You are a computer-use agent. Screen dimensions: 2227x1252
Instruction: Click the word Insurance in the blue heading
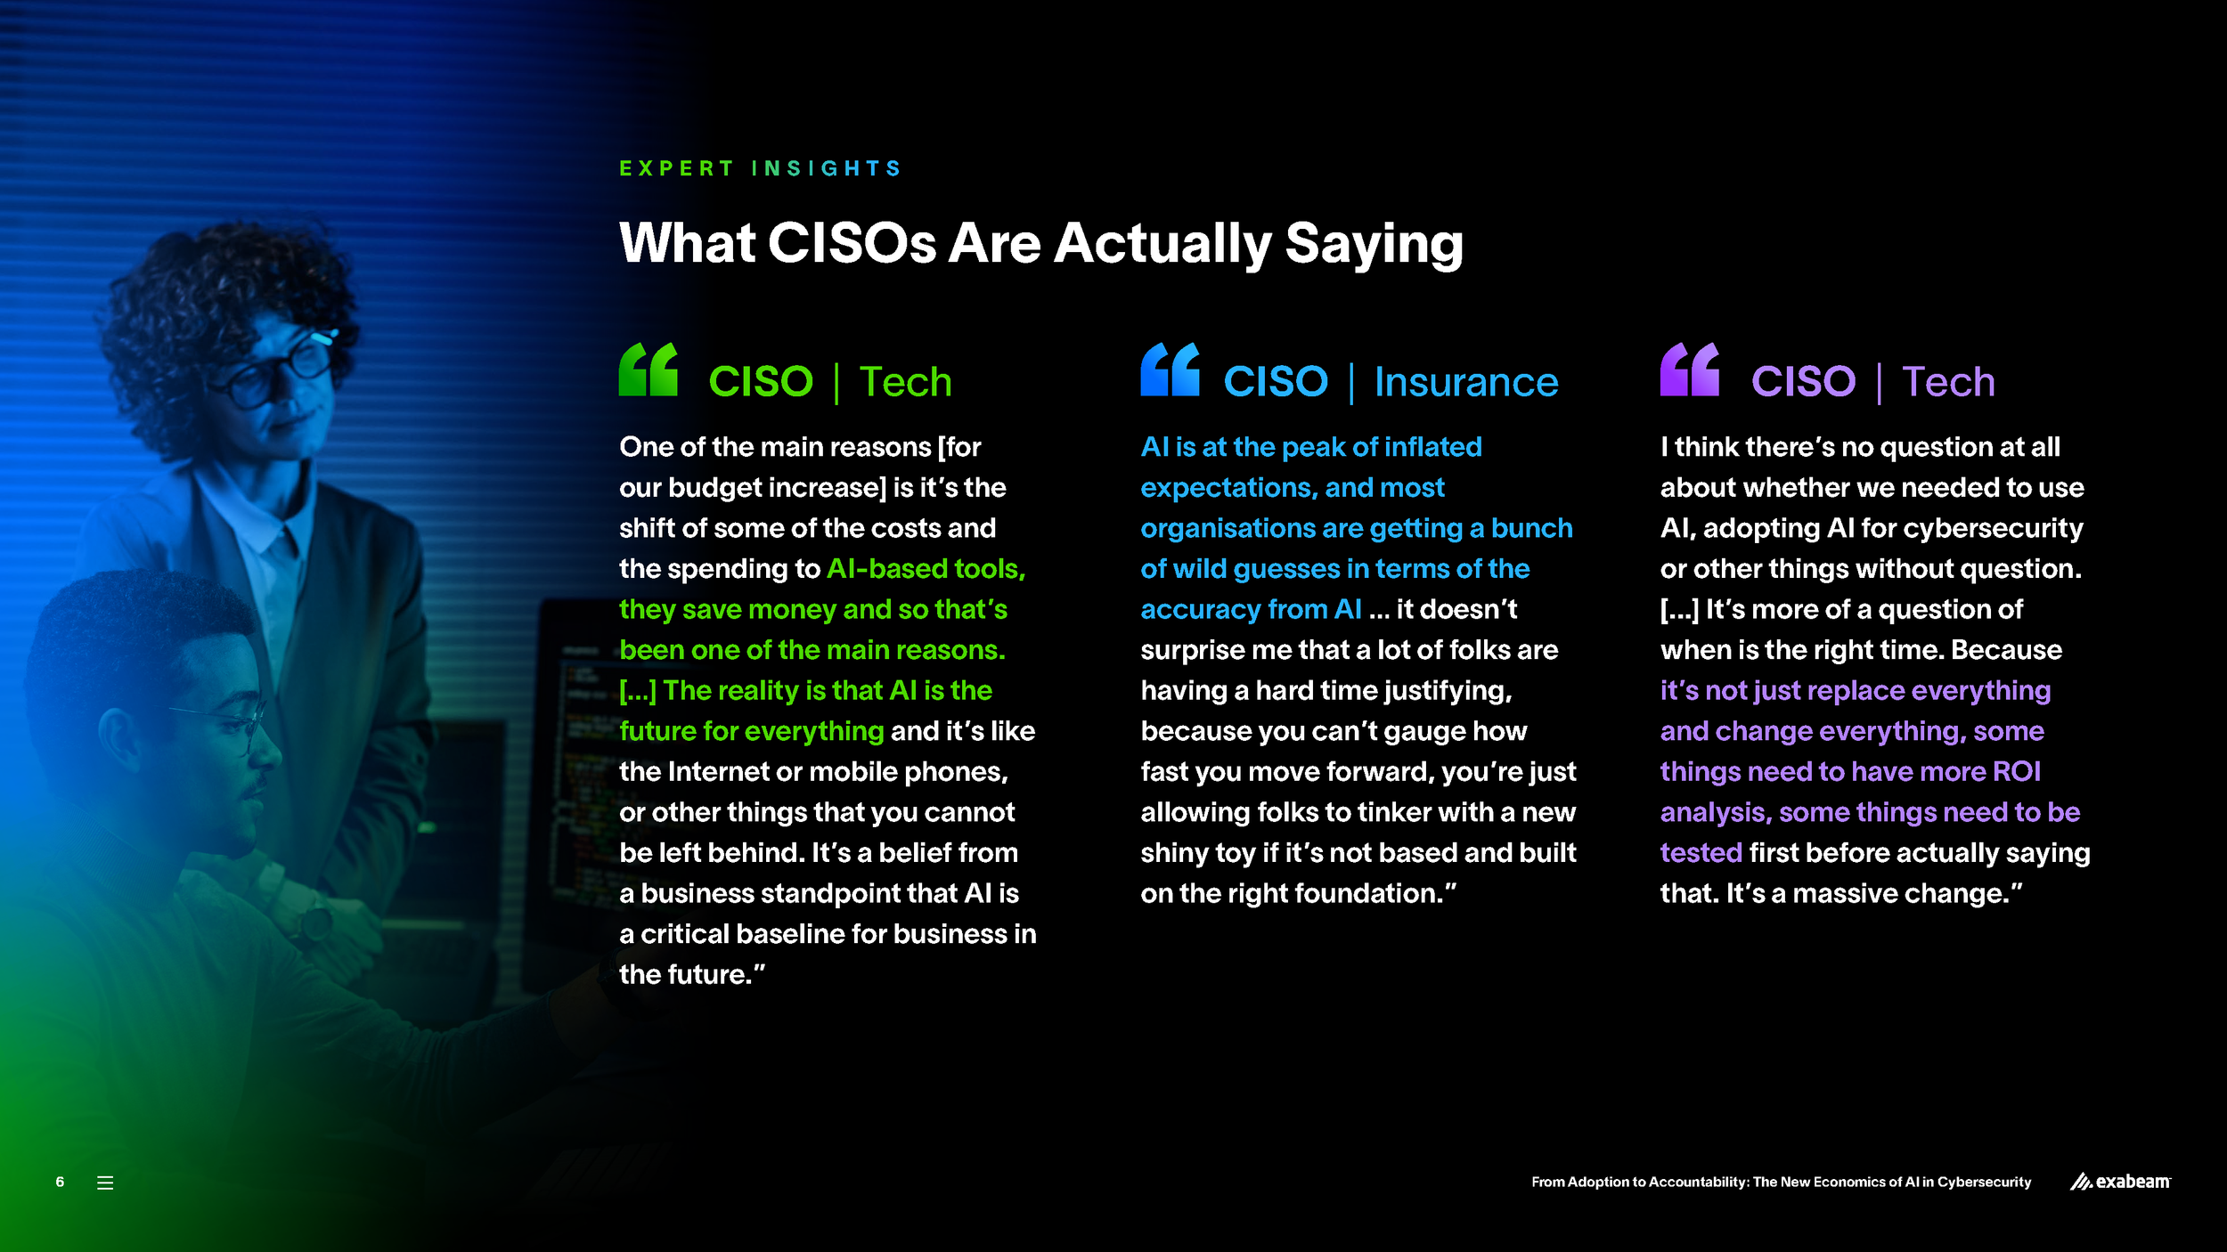(1466, 382)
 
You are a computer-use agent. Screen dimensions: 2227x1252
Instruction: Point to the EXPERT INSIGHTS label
(761, 168)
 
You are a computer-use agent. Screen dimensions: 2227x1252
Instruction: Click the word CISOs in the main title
(852, 243)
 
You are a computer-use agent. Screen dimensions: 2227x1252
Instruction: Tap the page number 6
(60, 1182)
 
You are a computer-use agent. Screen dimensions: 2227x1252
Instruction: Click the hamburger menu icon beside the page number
(105, 1183)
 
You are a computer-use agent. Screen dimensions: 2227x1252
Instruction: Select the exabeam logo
(2120, 1182)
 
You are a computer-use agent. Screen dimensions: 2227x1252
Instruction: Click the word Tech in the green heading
(906, 382)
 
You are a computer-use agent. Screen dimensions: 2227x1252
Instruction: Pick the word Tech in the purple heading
(1948, 382)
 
